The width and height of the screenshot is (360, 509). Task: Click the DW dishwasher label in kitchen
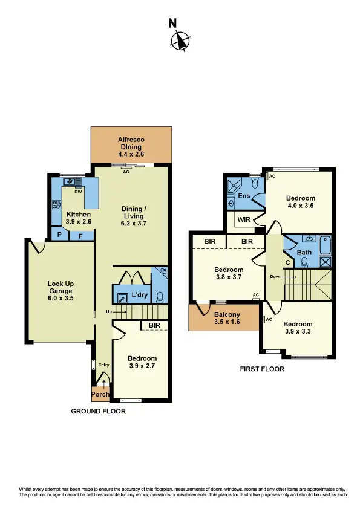pos(78,192)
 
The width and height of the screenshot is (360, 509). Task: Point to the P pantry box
pos(59,235)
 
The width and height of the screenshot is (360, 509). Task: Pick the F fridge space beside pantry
pos(80,235)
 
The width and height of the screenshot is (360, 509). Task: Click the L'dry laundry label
pos(140,296)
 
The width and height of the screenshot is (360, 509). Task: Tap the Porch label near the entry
pos(100,394)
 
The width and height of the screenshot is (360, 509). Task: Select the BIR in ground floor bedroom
pos(154,325)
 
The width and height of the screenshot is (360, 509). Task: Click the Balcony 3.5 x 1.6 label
pos(227,319)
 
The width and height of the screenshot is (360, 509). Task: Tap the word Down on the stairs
pos(277,276)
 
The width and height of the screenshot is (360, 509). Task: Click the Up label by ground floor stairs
pos(109,311)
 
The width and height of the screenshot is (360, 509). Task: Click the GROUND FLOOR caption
pos(99,410)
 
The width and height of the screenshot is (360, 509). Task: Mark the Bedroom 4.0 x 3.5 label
pos(300,202)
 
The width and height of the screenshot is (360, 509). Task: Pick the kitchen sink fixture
pos(74,181)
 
